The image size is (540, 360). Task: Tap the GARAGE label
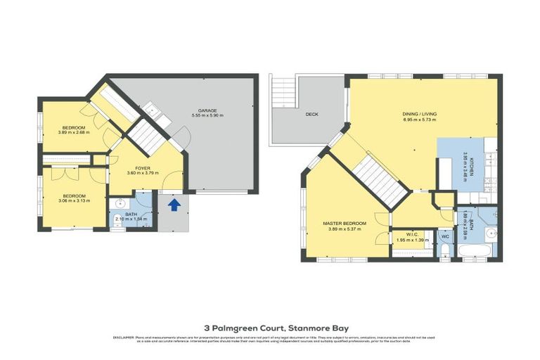pyautogui.click(x=207, y=110)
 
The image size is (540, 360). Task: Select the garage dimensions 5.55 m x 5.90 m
pyautogui.click(x=207, y=116)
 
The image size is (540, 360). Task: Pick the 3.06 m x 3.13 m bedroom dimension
pyautogui.click(x=74, y=200)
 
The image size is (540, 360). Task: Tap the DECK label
pyautogui.click(x=313, y=115)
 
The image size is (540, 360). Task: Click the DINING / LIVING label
pyautogui.click(x=419, y=114)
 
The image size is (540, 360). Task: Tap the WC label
pyautogui.click(x=444, y=237)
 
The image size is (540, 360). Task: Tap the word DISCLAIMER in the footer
pyautogui.click(x=124, y=337)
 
